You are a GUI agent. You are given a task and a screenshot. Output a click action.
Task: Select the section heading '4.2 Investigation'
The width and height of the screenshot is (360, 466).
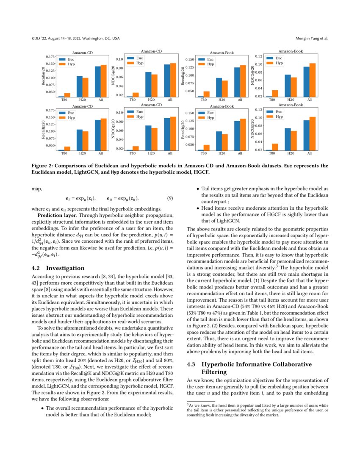tap(58, 268)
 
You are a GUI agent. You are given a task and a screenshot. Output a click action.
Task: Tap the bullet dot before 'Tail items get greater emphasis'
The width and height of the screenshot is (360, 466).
tap(197, 189)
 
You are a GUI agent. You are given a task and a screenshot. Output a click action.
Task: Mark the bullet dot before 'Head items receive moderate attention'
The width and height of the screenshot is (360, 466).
tap(197, 208)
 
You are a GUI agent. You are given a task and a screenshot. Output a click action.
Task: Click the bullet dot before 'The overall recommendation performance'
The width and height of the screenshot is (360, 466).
tap(42, 408)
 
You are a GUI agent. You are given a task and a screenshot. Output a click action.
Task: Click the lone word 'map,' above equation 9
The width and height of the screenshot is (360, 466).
tap(36, 189)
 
